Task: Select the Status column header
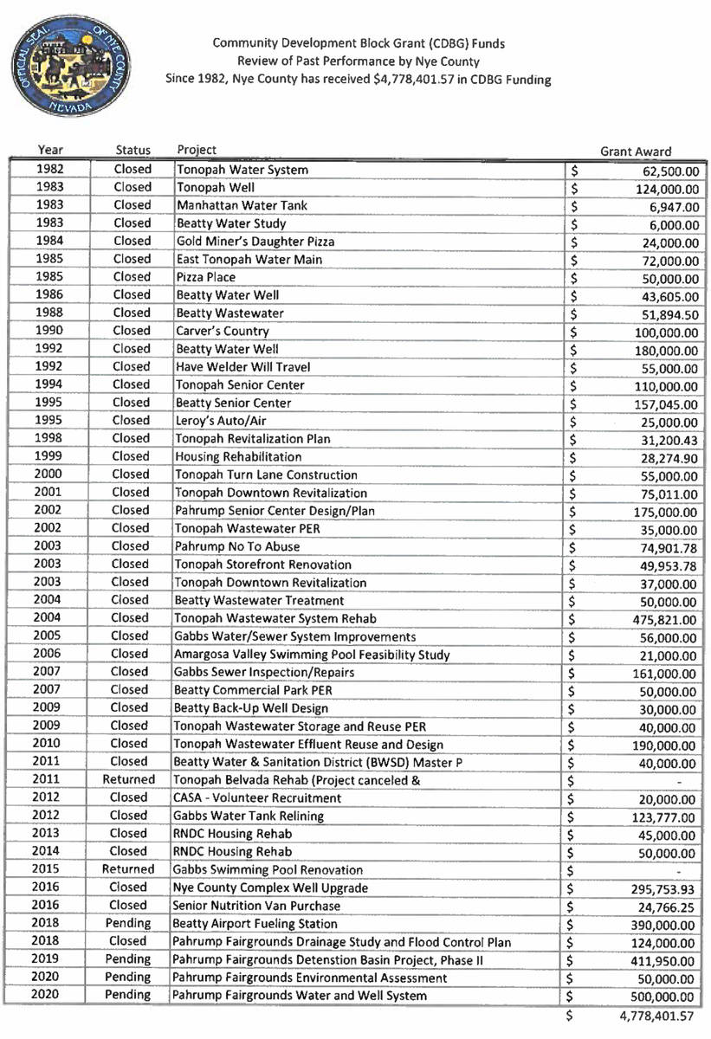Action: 133,151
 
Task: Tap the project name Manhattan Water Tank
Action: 229,205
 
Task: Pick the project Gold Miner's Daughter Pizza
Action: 255,242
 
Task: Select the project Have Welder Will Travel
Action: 242,367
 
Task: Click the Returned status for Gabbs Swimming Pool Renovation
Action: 128,870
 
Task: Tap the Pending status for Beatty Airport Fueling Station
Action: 128,924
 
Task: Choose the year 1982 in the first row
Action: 51,170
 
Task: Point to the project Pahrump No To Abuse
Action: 237,546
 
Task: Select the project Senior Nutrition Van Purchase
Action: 257,906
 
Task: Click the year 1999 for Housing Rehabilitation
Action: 49,456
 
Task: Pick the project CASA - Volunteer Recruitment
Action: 258,798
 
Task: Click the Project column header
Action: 197,150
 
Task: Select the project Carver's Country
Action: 223,331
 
